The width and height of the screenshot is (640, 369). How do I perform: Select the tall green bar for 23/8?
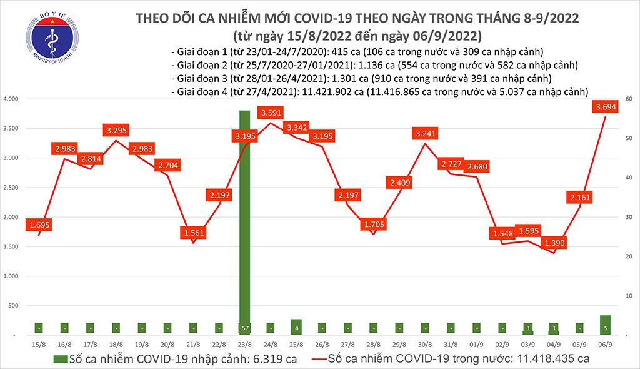click(x=244, y=222)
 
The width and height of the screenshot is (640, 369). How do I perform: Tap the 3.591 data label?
click(x=271, y=113)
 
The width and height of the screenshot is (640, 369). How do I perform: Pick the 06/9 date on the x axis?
click(x=605, y=345)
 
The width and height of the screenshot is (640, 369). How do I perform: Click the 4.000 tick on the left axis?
click(x=11, y=99)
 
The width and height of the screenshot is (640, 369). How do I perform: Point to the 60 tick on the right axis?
click(x=626, y=99)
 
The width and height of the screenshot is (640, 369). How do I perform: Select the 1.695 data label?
click(x=39, y=224)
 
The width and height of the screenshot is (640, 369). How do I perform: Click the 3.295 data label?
click(x=117, y=131)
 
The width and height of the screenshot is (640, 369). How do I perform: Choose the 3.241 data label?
click(x=425, y=133)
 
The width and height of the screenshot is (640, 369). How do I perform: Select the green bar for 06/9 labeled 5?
click(x=605, y=325)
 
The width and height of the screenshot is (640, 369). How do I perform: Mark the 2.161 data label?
click(x=581, y=198)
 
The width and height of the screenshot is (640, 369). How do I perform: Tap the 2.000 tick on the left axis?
click(x=11, y=217)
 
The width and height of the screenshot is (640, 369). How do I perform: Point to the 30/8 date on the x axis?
click(x=425, y=345)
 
